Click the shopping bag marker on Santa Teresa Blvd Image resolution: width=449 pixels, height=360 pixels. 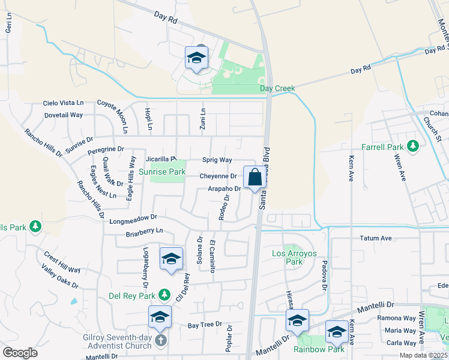pyautogui.click(x=255, y=178)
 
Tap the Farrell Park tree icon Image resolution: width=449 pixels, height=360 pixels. pyautogui.click(x=412, y=145)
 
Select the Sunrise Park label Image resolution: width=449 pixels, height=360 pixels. pyautogui.click(x=162, y=172)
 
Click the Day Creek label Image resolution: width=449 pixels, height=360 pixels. pyautogui.click(x=277, y=88)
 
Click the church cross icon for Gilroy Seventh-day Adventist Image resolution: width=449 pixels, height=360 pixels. pyautogui.click(x=160, y=341)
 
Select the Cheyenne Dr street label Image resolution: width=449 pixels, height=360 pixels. pyautogui.click(x=218, y=176)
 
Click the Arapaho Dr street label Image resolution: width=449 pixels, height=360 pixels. pyautogui.click(x=224, y=188)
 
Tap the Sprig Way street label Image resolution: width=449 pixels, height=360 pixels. pyautogui.click(x=217, y=160)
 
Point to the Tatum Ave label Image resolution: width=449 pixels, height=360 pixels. pyautogui.click(x=376, y=238)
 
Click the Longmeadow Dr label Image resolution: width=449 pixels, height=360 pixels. pyautogui.click(x=133, y=220)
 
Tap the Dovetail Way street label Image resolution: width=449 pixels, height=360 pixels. pyautogui.click(x=63, y=115)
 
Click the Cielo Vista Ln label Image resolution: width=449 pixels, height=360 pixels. pyautogui.click(x=65, y=103)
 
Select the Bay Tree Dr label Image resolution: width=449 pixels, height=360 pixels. pyautogui.click(x=200, y=325)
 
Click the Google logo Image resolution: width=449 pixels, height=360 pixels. pyautogui.click(x=20, y=353)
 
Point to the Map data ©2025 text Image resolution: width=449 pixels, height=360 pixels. pyautogui.click(x=423, y=355)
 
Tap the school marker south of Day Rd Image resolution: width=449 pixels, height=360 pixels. pyautogui.click(x=196, y=58)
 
